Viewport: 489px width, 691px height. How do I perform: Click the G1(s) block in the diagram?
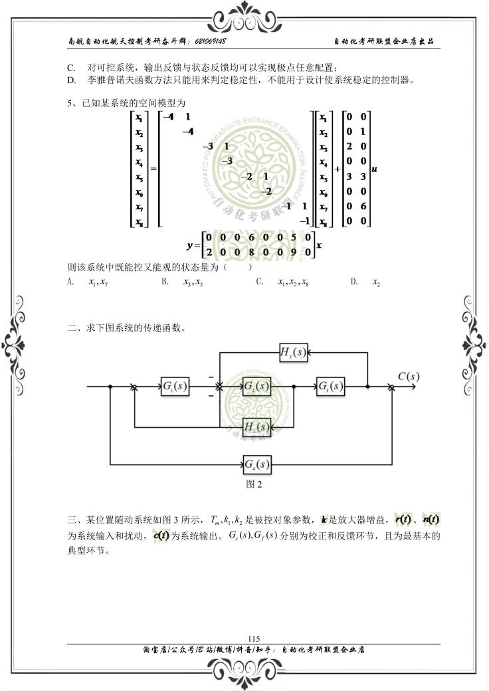(x=175, y=387)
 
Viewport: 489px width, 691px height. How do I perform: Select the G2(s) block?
(x=256, y=387)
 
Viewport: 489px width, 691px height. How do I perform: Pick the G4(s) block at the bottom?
(x=256, y=463)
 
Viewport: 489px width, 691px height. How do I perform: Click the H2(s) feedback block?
(x=292, y=353)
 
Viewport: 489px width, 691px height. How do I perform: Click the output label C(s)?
(x=408, y=376)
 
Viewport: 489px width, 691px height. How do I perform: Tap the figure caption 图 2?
(x=254, y=484)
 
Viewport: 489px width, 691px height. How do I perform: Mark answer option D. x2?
(x=376, y=282)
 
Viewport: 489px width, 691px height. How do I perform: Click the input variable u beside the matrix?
(x=375, y=169)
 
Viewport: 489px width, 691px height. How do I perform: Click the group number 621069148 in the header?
(x=211, y=41)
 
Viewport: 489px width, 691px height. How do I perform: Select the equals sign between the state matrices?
(x=153, y=169)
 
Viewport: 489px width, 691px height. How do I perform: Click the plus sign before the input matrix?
(x=338, y=169)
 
